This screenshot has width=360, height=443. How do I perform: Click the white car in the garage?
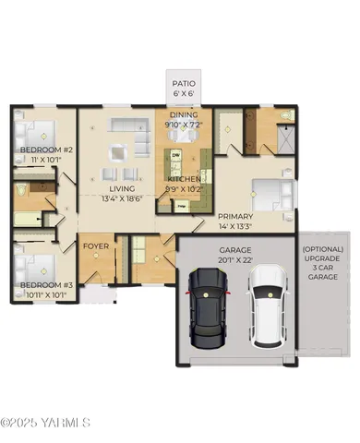[x=268, y=305]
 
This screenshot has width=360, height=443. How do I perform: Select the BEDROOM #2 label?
[x=41, y=150]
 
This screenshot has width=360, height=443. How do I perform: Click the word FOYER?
[x=97, y=246]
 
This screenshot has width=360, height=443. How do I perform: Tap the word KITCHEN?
[x=184, y=178]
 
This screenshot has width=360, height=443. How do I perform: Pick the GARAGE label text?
[x=234, y=249]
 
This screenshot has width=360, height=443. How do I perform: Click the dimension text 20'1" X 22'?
[x=234, y=260]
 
